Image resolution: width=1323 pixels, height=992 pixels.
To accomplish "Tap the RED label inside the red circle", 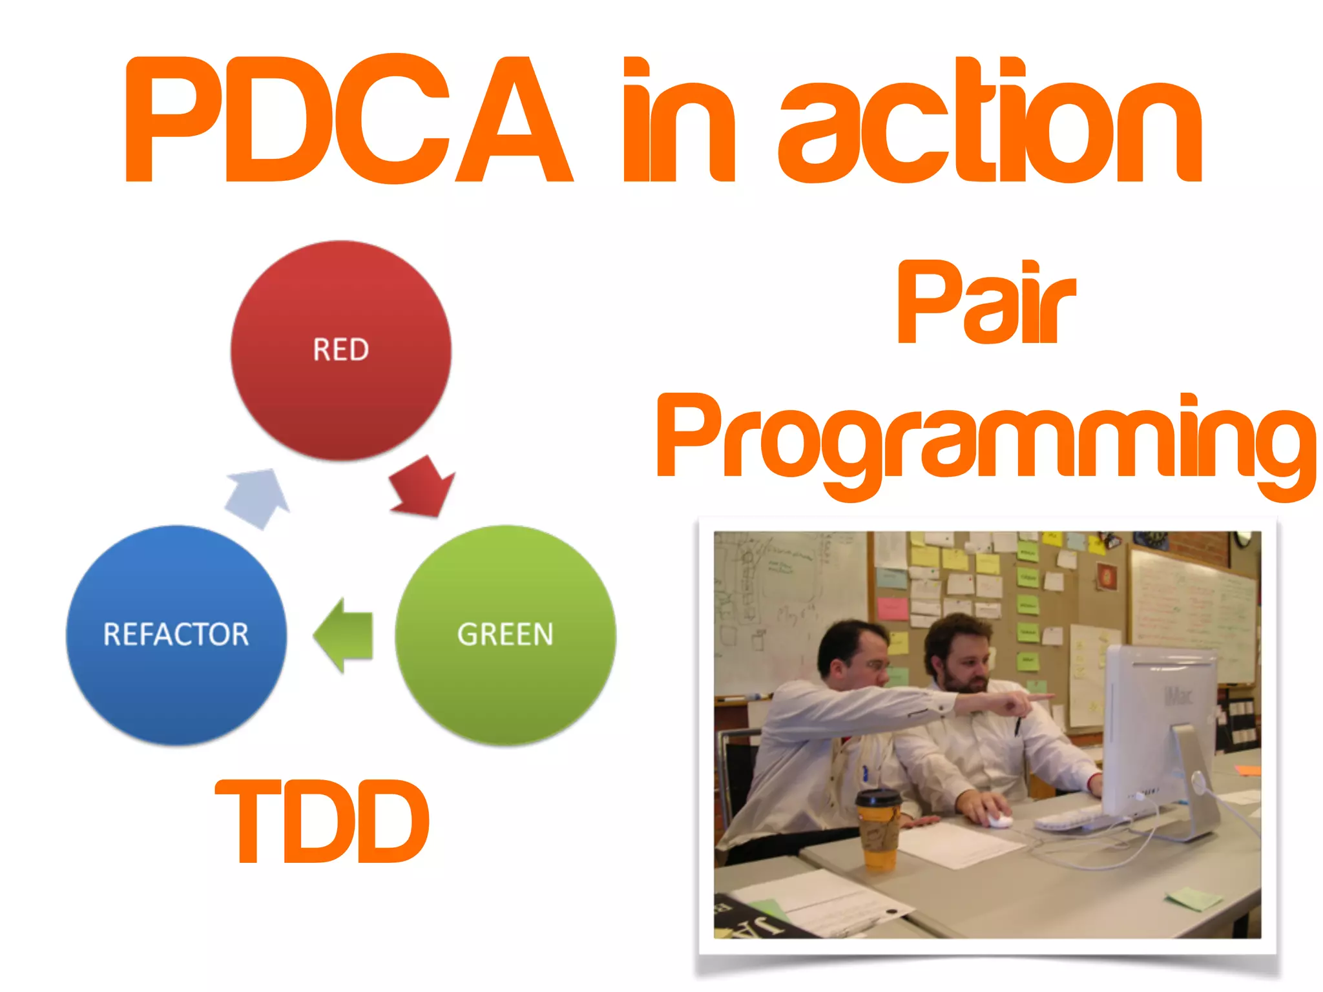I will [340, 349].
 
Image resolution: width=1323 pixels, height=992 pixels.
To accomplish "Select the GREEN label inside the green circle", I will [505, 634].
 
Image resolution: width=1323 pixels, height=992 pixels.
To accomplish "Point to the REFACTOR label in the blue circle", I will [176, 634].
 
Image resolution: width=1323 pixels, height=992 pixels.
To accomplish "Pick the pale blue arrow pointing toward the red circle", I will [259, 497].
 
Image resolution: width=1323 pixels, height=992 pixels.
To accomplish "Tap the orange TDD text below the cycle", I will [322, 821].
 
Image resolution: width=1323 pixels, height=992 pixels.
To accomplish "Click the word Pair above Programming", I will [986, 304].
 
